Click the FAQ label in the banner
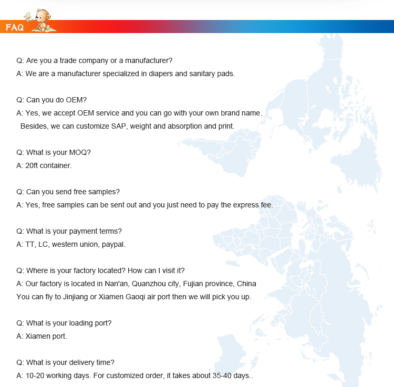point(14,27)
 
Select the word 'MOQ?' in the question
point(80,152)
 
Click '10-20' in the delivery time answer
point(35,375)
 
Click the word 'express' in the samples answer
point(234,205)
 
